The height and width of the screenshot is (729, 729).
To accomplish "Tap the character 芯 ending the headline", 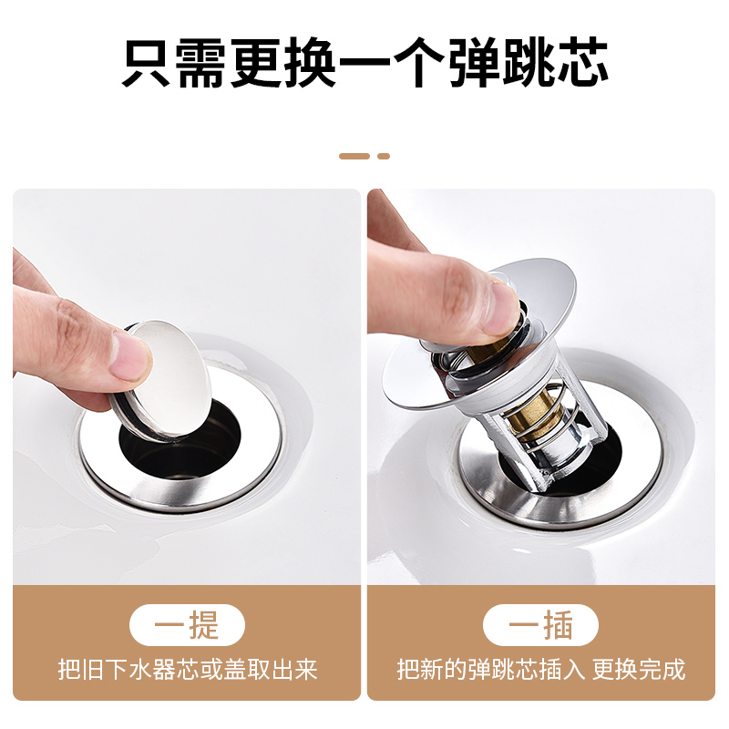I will pos(580,62).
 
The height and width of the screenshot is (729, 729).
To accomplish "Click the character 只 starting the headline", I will pos(149,62).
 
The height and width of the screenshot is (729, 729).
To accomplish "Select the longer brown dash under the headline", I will pos(354,156).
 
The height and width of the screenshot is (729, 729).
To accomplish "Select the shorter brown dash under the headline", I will pos(384,156).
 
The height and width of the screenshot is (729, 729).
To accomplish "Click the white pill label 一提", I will pos(187,626).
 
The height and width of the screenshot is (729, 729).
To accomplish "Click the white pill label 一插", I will pos(540,626).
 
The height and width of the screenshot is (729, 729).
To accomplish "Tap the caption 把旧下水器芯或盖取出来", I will pos(187,671).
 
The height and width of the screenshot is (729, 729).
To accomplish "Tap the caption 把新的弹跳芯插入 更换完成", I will pos(540,671).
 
